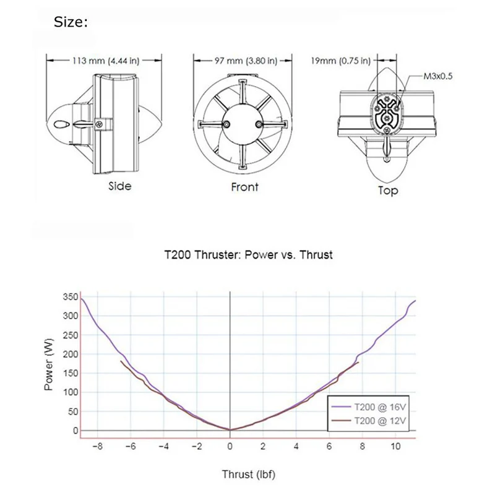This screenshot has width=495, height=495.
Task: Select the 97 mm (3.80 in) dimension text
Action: tap(245, 61)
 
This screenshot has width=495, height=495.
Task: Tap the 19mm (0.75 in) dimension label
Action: tap(341, 61)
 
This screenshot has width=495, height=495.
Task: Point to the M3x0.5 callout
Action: tap(438, 77)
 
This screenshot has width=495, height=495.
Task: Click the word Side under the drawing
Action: tap(120, 186)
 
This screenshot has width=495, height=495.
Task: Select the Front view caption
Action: tap(244, 187)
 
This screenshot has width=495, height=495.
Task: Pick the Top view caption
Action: tap(388, 191)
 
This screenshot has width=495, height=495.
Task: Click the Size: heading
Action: tap(71, 23)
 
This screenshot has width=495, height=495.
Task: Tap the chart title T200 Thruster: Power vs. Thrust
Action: tap(247, 254)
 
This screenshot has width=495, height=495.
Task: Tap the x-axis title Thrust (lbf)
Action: tap(249, 475)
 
